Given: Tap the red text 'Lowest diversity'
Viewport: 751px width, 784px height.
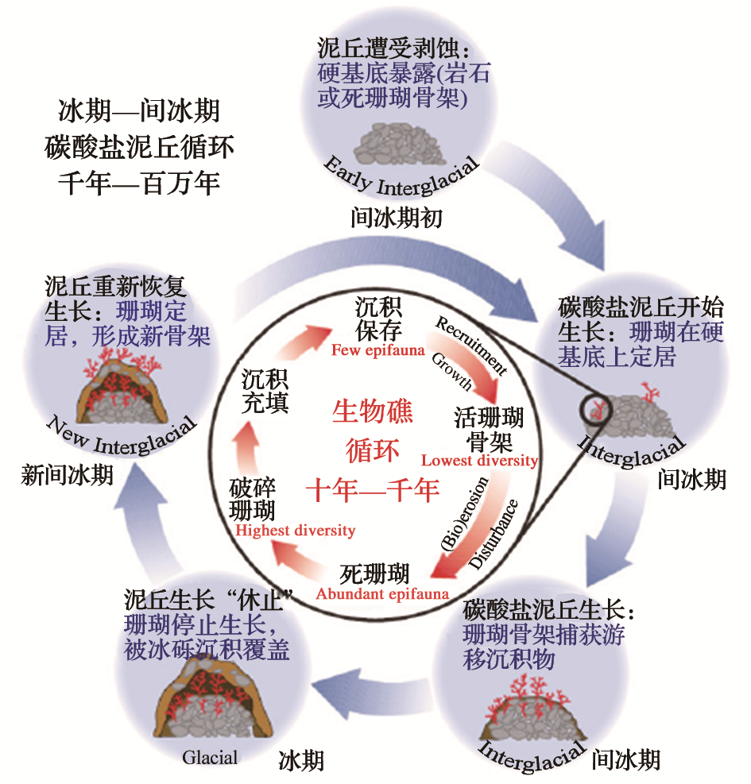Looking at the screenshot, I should click(x=479, y=461).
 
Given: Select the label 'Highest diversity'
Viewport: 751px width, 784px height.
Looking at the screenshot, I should click(x=295, y=530).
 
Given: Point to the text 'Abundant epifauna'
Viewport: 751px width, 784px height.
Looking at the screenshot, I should click(x=382, y=593).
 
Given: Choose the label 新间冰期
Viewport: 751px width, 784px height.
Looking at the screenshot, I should click(x=67, y=475).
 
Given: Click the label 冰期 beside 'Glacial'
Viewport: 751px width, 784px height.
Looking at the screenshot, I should click(x=301, y=760).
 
